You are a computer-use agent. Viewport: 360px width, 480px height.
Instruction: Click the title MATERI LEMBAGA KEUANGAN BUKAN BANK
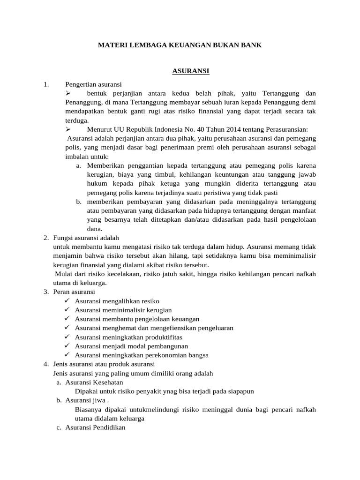(x=180, y=45)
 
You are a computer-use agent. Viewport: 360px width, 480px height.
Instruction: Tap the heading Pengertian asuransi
(x=93, y=84)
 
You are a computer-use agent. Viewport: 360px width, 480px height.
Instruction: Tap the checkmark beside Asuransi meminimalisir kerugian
(x=67, y=310)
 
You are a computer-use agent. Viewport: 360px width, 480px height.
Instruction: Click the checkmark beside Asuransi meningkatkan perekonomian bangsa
(x=67, y=355)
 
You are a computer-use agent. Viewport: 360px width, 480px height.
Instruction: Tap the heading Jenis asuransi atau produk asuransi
(x=104, y=364)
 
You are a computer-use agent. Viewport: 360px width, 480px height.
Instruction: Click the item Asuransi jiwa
(x=87, y=400)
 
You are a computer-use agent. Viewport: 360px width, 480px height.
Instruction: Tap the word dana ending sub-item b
(x=95, y=229)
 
